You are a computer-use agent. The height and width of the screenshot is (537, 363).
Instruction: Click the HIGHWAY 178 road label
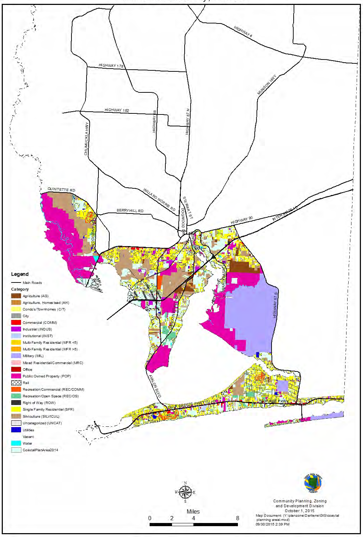pos(111,65)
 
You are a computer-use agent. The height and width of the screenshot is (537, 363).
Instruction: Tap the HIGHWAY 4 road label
pos(243,32)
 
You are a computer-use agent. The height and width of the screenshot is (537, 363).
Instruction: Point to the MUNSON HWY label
pos(267,85)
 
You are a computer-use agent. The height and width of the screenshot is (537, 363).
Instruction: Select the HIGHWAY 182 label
pos(117,110)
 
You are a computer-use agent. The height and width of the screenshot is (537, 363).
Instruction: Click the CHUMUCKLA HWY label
pos(86,139)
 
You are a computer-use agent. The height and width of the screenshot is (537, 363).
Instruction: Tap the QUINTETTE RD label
pos(61,190)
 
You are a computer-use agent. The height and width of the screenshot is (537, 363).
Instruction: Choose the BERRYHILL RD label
pos(130,211)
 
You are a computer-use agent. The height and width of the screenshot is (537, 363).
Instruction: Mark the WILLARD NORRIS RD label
pos(159,199)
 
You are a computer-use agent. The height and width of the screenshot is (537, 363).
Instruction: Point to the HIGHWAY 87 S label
pos(275,305)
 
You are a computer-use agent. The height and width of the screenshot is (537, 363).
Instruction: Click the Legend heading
pos(20,274)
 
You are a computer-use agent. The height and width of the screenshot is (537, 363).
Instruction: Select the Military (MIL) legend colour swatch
pos(16,356)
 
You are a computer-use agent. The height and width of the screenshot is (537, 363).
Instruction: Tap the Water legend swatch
pos(16,443)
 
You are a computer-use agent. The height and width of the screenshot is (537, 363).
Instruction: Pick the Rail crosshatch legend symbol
pos(16,383)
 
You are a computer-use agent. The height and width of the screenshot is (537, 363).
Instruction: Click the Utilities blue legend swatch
pos(16,430)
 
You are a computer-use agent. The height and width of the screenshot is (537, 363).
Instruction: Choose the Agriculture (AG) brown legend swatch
pos(16,296)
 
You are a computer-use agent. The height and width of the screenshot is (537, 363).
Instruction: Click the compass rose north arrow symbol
pos(185,492)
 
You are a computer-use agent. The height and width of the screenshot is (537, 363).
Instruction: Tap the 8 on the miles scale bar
pos(238,518)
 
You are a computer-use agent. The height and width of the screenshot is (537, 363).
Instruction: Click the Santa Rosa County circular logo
pos(313,483)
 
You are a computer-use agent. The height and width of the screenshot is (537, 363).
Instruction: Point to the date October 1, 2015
pos(300,511)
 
